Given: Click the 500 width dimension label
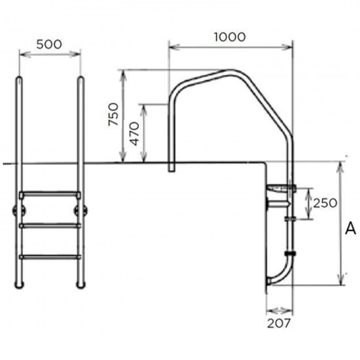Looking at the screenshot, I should tap(50, 45).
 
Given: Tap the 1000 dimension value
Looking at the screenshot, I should tap(230, 37).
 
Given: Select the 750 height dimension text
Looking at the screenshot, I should tap(113, 116).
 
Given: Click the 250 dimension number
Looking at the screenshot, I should tap(325, 203).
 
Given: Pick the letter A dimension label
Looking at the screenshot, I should tap(350, 228).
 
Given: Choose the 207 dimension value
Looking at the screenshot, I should tap(279, 322).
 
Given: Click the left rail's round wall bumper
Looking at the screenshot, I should tap(16, 211).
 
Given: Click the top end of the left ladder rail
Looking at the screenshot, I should tap(20, 79).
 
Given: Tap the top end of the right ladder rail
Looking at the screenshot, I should tap(81, 79).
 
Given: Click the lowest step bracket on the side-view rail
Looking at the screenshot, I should tap(289, 252).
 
